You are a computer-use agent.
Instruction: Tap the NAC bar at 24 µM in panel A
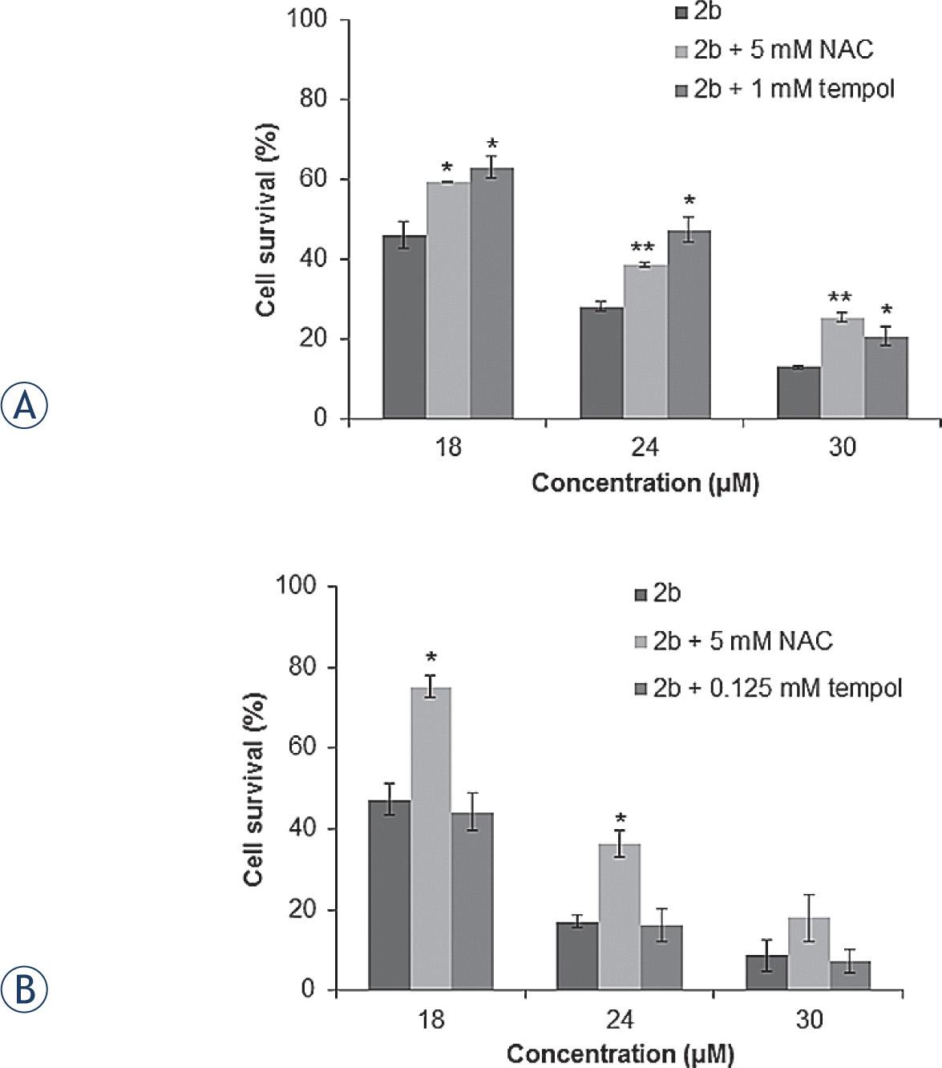645,342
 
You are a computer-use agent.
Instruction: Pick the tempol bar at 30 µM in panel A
886,378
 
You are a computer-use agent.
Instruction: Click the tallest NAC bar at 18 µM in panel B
431,838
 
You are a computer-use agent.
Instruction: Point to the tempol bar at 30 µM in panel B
850,975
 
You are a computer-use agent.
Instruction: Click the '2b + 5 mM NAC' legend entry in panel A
774,50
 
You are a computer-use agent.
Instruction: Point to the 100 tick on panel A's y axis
308,19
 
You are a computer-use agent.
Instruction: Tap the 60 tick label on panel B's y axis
297,748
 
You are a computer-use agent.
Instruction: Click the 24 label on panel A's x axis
645,447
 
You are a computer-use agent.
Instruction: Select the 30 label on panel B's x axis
810,1020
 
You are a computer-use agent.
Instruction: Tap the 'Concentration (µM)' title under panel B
620,1054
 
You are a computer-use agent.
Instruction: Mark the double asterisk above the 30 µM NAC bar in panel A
842,297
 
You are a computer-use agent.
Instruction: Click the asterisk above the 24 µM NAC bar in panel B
620,819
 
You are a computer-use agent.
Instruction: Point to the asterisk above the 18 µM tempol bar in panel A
491,144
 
